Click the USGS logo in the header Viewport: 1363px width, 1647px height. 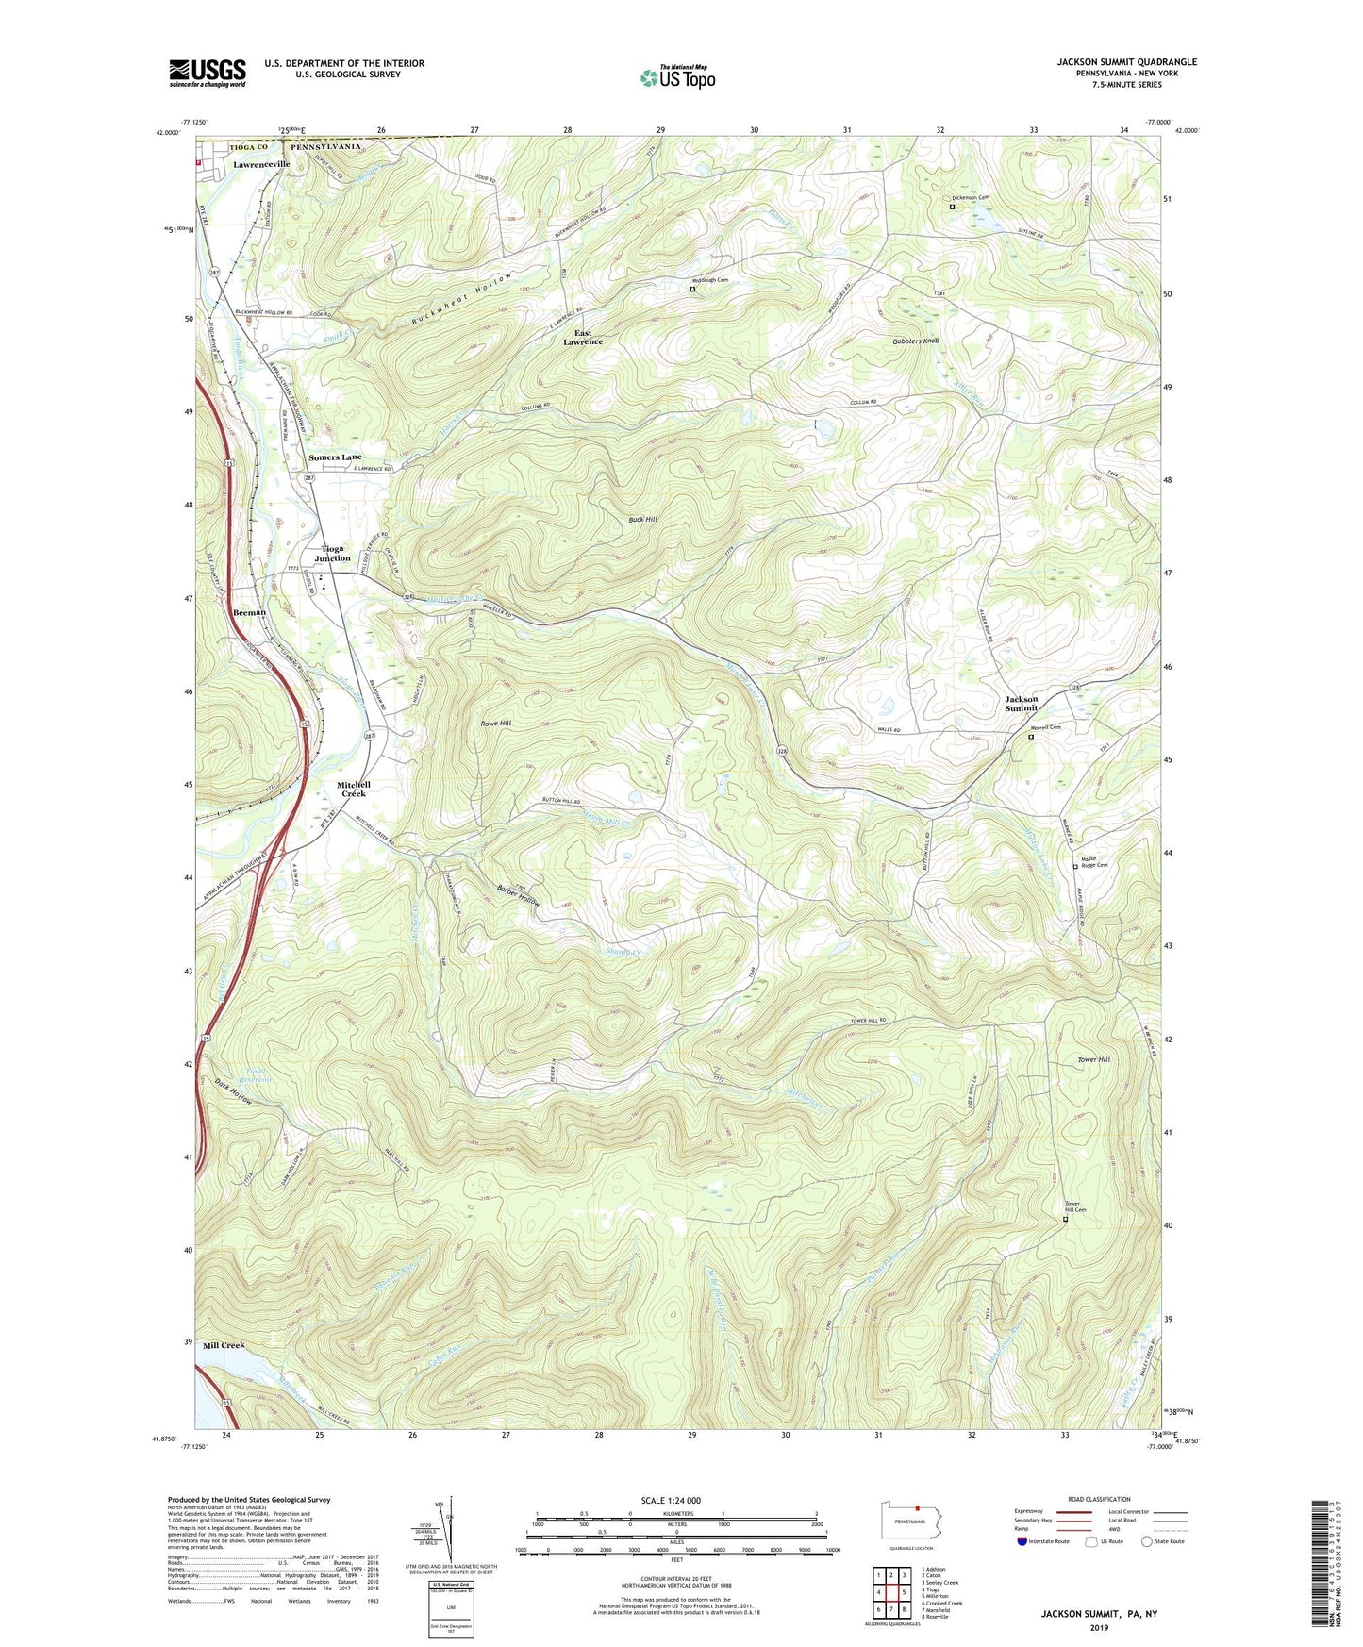tap(208, 73)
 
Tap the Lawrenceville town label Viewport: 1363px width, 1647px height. tap(262, 164)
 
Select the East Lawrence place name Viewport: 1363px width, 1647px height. tap(583, 338)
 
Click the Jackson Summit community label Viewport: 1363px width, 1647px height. tap(1021, 704)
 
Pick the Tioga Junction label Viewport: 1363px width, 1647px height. tap(332, 553)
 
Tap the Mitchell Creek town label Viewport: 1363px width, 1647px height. tap(354, 790)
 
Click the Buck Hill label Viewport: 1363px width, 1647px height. tap(643, 520)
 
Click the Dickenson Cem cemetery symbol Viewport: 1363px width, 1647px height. tap(952, 207)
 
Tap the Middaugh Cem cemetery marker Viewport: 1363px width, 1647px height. tap(691, 291)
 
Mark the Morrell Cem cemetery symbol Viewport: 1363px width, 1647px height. tap(1030, 738)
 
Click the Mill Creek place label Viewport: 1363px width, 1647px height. tap(224, 1345)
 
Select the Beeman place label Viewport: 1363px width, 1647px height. tap(249, 612)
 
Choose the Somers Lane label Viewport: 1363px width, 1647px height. tap(335, 457)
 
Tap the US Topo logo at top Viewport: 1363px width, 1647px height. tap(677, 77)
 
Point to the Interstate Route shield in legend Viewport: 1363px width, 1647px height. tap(1022, 1542)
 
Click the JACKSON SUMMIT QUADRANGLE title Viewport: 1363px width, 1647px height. tap(1126, 62)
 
